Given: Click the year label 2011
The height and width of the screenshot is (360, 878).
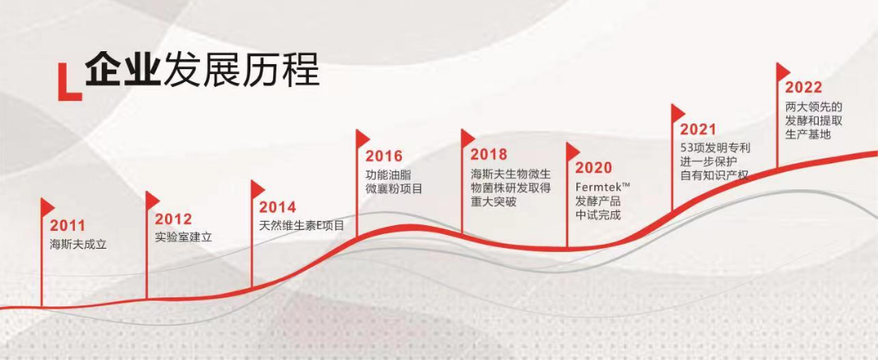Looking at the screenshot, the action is click(67, 226).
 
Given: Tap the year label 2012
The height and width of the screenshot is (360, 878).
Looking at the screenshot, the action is click(173, 219).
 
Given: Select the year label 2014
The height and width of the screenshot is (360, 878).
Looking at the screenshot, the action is click(277, 208).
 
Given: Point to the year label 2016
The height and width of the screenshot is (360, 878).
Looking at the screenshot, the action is click(384, 156).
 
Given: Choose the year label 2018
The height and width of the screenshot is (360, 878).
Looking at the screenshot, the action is click(489, 154).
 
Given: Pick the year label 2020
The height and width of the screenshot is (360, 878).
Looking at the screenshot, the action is click(593, 167).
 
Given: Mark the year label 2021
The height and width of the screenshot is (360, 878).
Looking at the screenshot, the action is click(698, 130).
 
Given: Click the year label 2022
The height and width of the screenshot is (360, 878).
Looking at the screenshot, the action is click(803, 87).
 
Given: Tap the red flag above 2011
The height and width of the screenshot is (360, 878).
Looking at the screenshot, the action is click(48, 206).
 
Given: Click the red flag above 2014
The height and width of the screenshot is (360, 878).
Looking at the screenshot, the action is click(258, 189).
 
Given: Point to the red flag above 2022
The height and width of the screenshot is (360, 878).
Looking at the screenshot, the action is click(783, 72).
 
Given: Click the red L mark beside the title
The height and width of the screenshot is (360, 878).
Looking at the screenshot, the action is click(69, 83).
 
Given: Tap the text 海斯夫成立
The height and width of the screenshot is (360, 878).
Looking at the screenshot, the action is click(78, 245).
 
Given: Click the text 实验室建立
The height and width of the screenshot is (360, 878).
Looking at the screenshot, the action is click(184, 236).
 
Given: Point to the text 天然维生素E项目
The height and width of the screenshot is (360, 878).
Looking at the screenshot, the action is click(302, 227).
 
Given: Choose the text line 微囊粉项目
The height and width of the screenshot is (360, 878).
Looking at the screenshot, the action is click(393, 189).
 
